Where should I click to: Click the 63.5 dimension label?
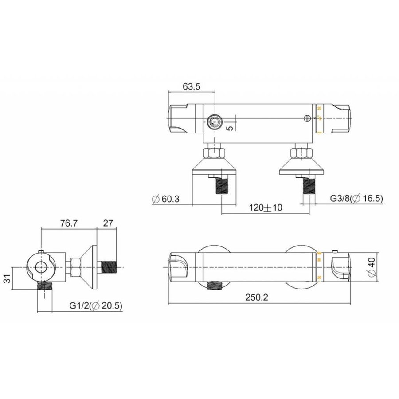192,87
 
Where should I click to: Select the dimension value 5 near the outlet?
229,127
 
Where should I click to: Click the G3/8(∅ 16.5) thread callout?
356,199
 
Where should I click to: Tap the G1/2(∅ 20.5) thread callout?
95,305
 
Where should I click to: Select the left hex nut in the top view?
214,154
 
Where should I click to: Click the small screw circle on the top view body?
306,118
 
